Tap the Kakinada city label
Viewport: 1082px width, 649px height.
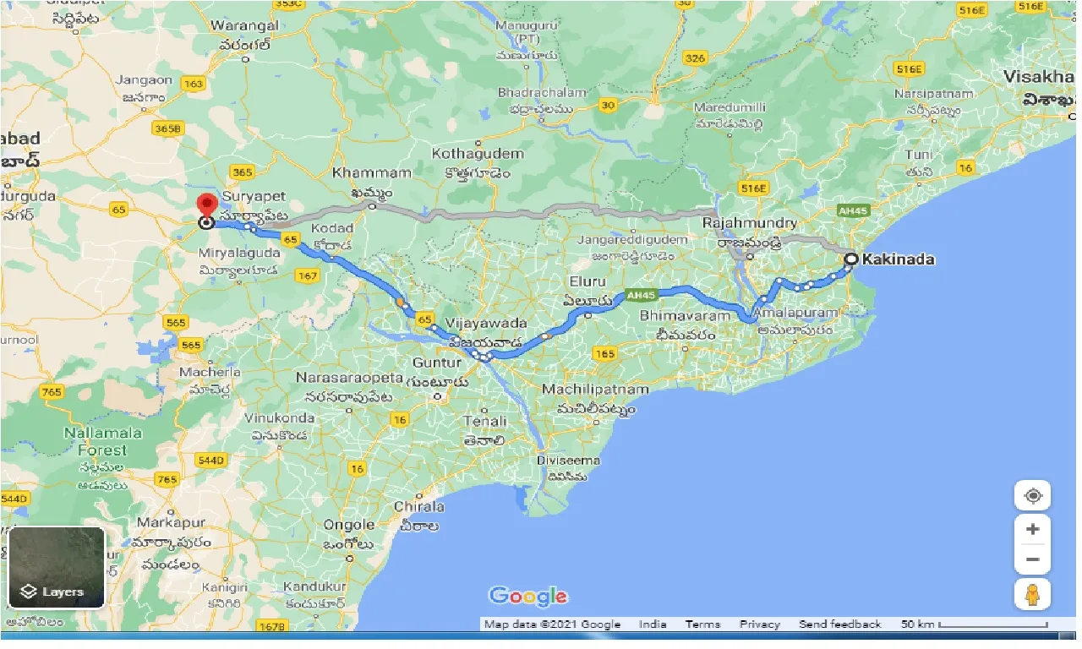897,259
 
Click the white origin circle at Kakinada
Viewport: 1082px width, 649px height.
851,259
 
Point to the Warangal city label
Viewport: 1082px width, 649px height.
246,26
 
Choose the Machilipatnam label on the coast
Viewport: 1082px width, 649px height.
595,390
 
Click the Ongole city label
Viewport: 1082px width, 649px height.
349,525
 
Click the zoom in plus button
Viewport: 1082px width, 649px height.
1033,530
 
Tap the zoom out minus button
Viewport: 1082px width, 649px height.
1033,559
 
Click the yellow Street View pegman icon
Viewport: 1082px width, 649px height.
1033,594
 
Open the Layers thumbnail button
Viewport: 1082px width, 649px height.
57,567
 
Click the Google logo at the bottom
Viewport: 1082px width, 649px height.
528,596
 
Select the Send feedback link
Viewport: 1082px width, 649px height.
839,624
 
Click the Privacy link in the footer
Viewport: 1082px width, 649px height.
759,624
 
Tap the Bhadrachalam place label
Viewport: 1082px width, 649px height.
542,92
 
